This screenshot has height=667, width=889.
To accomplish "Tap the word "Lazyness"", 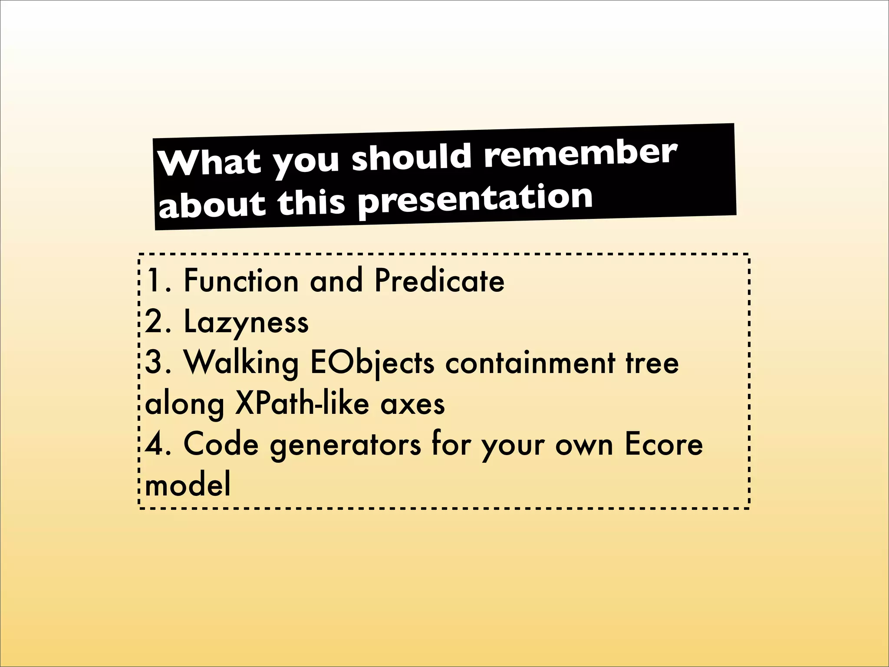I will [246, 322].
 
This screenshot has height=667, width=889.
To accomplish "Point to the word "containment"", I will [530, 363].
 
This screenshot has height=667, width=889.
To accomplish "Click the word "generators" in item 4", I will [345, 446].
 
